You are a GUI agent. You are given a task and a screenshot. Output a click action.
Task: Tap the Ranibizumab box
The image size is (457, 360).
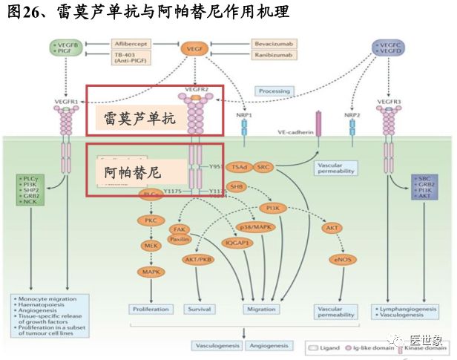(272, 57)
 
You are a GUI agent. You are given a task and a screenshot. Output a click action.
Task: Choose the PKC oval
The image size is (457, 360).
(151, 220)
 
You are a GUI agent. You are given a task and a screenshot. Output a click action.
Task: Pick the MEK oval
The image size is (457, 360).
(151, 246)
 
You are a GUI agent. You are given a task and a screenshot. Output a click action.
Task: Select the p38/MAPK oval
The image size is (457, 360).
(256, 227)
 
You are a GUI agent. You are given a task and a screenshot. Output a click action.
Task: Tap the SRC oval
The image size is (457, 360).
(263, 167)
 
